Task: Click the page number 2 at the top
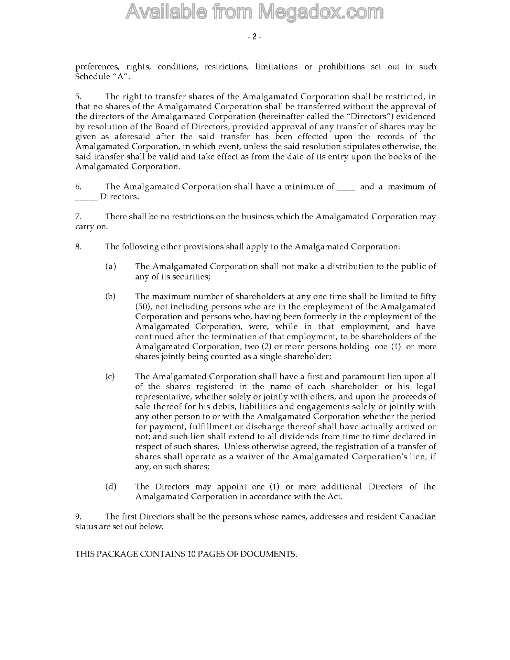(x=254, y=37)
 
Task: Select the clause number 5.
(x=78, y=97)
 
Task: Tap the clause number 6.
(x=78, y=187)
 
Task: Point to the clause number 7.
(x=78, y=217)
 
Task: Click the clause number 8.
(x=78, y=247)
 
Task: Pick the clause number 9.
(x=78, y=517)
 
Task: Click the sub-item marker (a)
(x=110, y=267)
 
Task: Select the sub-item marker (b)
(x=110, y=297)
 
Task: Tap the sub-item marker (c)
(x=110, y=377)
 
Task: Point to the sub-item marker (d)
(x=110, y=487)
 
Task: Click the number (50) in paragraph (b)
(x=142, y=307)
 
